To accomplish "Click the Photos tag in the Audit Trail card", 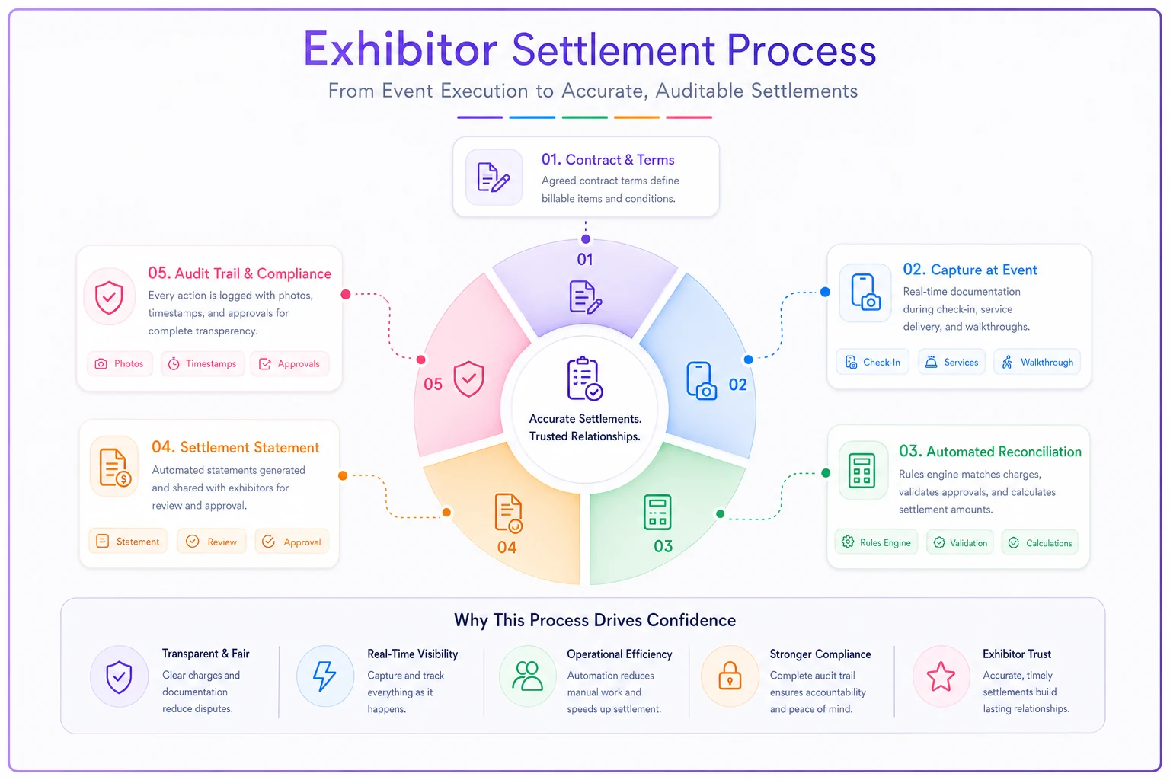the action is coord(120,363).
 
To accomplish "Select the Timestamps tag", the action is coord(203,363).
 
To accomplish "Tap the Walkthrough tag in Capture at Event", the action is coord(1037,362).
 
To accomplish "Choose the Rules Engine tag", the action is coord(876,542).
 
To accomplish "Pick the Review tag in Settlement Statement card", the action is coord(212,542).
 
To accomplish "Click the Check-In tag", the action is coord(872,362).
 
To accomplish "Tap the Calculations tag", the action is coord(1040,542).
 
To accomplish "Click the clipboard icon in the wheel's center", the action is coord(585,379).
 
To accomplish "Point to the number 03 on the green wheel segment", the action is coord(663,546).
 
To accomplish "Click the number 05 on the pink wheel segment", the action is coord(433,385).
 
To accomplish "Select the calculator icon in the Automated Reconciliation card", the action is coord(862,471).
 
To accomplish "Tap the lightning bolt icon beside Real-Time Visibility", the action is coord(324,676).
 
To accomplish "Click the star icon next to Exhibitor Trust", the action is coord(941,676).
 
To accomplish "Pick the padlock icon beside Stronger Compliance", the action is coord(730,676).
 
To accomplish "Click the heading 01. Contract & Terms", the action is coord(607,160).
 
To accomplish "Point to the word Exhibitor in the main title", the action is coord(400,50).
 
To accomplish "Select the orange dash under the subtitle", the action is coord(637,117).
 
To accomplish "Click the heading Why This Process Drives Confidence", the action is coord(594,620).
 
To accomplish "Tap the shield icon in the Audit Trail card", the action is coord(109,297).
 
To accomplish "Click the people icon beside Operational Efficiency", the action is coord(527,676).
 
